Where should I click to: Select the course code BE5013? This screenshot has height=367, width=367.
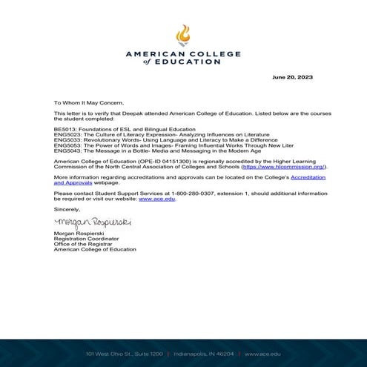point(65,130)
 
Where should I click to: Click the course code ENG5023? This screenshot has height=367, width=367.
point(67,135)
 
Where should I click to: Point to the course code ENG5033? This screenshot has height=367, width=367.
point(67,140)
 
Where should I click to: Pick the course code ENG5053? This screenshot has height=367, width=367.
point(67,146)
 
